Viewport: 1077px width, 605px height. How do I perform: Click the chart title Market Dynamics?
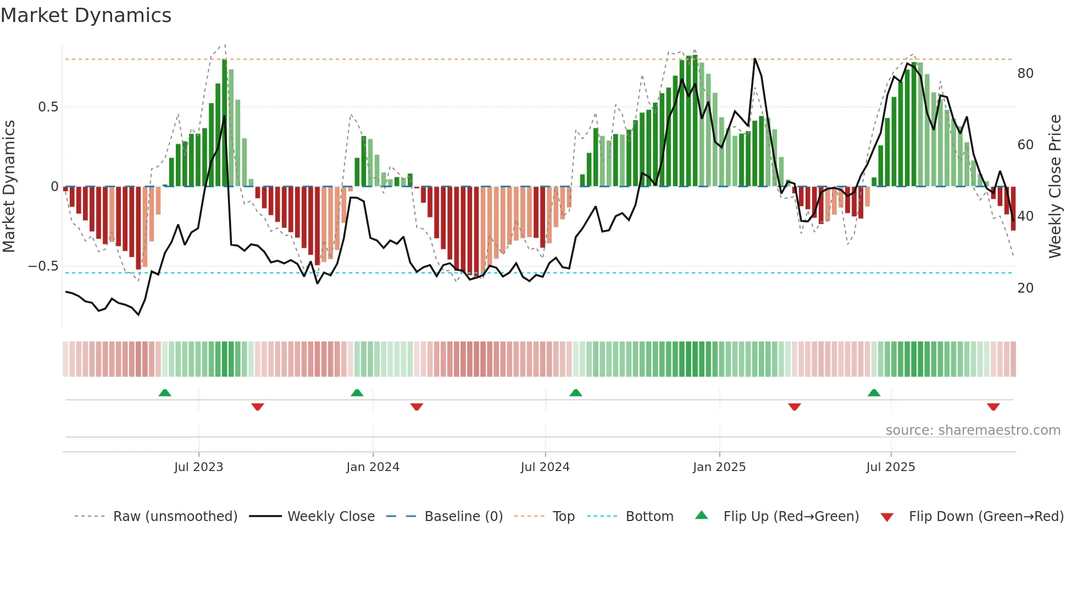(86, 15)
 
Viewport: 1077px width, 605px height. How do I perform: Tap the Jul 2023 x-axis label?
(198, 467)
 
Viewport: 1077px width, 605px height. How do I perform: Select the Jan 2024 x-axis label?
(373, 467)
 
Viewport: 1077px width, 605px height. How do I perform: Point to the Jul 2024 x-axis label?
(545, 467)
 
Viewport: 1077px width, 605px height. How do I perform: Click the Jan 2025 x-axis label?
(719, 467)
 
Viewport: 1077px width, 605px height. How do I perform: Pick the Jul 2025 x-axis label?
(890, 467)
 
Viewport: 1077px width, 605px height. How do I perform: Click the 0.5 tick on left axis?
(48, 107)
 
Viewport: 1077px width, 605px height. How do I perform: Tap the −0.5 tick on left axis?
(43, 266)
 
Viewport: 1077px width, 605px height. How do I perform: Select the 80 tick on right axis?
(1025, 74)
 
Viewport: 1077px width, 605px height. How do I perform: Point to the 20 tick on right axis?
(1025, 288)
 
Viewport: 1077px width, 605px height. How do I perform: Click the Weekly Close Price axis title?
(1054, 187)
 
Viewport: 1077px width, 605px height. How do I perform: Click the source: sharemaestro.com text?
(973, 430)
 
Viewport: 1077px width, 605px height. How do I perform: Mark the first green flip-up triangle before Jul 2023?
(165, 393)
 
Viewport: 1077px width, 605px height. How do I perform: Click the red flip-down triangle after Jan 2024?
(417, 407)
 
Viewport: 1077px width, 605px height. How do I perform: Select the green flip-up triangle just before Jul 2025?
(874, 393)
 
